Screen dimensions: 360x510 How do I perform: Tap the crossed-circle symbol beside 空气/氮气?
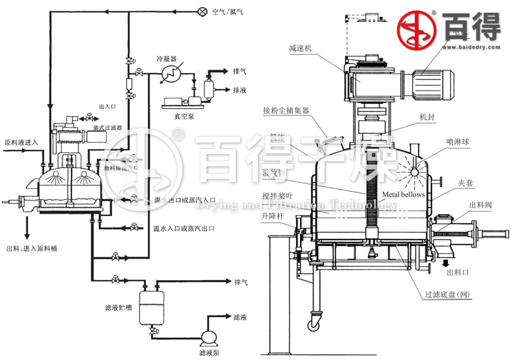[202, 11]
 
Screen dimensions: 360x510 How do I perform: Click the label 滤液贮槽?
[116, 308]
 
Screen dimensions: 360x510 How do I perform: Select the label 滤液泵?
[209, 353]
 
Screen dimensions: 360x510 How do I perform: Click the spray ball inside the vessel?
[411, 172]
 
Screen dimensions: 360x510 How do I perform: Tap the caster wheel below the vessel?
[314, 325]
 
